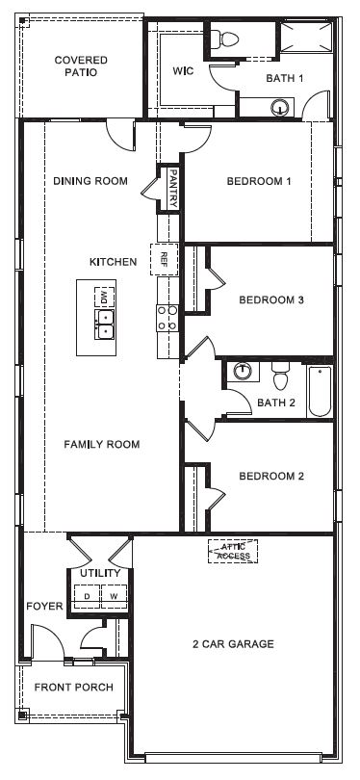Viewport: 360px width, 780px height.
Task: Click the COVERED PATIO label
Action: pos(81,65)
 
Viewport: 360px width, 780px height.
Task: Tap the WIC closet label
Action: pos(184,71)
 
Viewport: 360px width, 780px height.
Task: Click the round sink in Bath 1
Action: pos(280,108)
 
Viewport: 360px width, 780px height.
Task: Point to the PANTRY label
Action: pos(172,180)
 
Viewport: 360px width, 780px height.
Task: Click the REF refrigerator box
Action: pos(165,259)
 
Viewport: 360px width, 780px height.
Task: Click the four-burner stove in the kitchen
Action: pos(167,318)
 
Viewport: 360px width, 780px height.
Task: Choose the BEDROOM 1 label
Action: pos(258,181)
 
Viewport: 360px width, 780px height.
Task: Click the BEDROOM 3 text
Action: pos(271,299)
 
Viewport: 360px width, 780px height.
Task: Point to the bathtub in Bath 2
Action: pos(319,391)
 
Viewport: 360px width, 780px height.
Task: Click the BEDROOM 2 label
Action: pos(271,476)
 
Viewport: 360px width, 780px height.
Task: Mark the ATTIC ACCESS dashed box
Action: pos(232,551)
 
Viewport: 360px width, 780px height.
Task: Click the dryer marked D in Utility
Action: pos(89,595)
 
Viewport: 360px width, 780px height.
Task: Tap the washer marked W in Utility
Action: pos(113,595)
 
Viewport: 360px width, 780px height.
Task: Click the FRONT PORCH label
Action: pos(73,688)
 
